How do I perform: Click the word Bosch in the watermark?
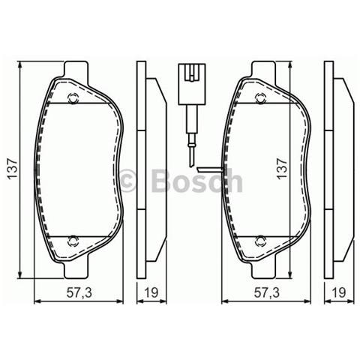(196, 181)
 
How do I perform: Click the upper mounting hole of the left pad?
(72, 97)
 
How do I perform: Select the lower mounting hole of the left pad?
(72, 240)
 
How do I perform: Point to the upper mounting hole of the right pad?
(260, 97)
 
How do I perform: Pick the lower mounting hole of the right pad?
(260, 240)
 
